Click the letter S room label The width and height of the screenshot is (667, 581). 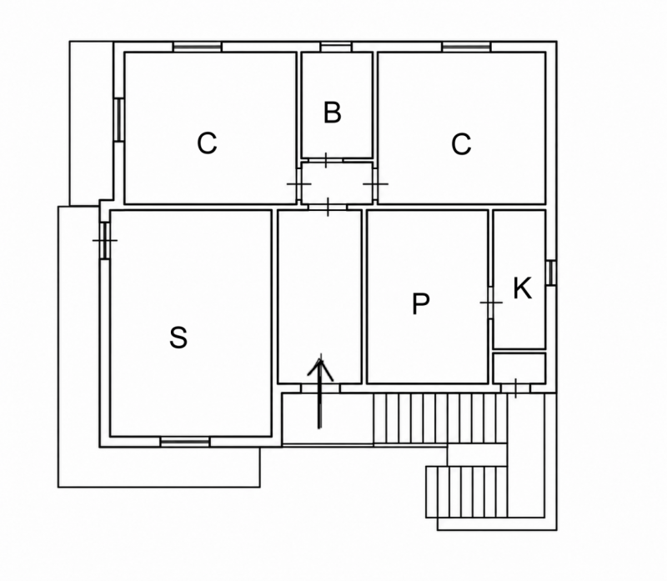(x=178, y=338)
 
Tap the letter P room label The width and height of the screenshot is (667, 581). (x=421, y=303)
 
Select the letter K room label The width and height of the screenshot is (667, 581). (x=523, y=288)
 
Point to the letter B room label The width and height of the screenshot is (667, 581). (x=332, y=113)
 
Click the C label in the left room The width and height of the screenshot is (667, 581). (x=207, y=143)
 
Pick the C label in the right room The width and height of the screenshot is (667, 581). (x=461, y=144)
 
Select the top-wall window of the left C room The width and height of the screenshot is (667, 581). (x=198, y=47)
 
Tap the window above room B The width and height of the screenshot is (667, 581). (x=336, y=47)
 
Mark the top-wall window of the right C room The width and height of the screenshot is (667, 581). (x=467, y=47)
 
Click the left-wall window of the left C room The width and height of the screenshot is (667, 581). (x=118, y=119)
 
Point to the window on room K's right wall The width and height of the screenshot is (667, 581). (x=551, y=273)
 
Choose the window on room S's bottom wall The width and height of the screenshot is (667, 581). (x=185, y=442)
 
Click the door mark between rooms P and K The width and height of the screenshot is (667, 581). (x=491, y=303)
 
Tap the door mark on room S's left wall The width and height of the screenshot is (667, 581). (x=105, y=240)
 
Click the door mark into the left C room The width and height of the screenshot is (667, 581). (x=299, y=184)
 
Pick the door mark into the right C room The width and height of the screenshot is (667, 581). (x=375, y=184)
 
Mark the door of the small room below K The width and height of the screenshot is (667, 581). (x=515, y=388)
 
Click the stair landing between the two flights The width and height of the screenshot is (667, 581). (x=477, y=455)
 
